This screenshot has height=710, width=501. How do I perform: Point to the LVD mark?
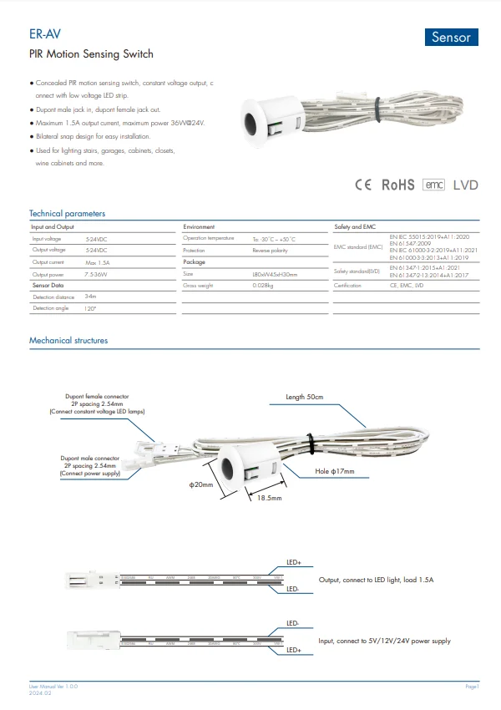pos(465,185)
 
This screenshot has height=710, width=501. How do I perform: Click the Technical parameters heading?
pos(67,214)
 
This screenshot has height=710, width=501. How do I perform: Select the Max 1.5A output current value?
pos(99,262)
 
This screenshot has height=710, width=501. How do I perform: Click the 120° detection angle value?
pos(91,309)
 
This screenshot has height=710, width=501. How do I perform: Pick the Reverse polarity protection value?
pos(270,251)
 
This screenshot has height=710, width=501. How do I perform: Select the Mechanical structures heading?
pos(68,341)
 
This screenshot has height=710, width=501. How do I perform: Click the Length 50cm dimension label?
pos(304,396)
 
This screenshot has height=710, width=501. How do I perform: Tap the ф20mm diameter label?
pos(201,484)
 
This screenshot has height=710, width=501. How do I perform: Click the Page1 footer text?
pos(472,686)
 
